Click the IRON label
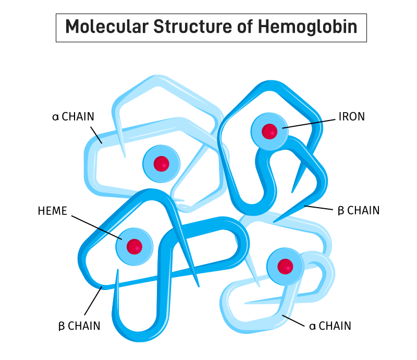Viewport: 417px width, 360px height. point(352,117)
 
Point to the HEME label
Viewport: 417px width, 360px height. point(53,211)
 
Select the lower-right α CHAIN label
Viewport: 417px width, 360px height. point(330,326)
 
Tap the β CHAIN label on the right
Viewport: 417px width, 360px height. point(359,211)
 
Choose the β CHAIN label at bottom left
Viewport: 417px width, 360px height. point(79,326)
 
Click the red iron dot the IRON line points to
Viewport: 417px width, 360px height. point(269,131)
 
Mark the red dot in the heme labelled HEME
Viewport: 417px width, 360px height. point(134,246)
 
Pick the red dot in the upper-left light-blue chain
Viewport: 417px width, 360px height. point(162,163)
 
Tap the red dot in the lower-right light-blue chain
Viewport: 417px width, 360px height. point(285,267)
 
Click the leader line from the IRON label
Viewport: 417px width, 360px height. point(311,123)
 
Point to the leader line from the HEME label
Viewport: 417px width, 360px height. point(96,227)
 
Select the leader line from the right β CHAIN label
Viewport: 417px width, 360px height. point(318,208)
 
